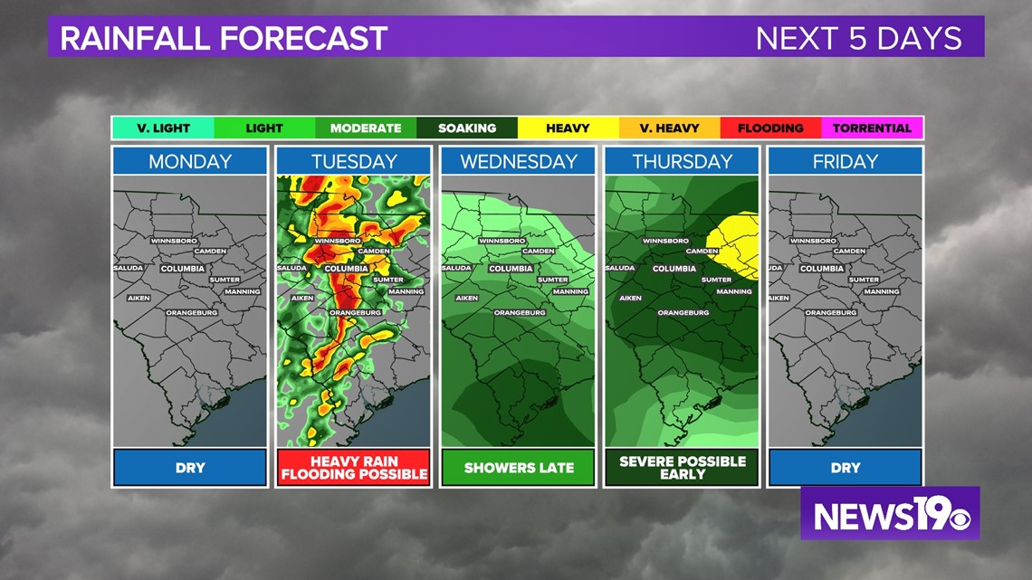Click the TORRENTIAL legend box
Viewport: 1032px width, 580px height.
tap(872, 128)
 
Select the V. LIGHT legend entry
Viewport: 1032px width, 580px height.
tap(163, 128)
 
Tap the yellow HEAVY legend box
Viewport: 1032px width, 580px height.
tap(568, 128)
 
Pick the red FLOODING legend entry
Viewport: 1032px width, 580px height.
tap(770, 128)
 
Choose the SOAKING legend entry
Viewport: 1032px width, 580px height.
tap(467, 128)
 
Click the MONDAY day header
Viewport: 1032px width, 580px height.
tap(190, 162)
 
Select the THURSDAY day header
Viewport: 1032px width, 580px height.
tap(682, 162)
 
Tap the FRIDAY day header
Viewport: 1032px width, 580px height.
tap(846, 162)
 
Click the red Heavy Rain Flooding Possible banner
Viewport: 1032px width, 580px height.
tap(354, 468)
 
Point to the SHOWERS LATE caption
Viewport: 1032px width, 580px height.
tap(519, 468)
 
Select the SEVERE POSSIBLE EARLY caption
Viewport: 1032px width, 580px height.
tap(683, 468)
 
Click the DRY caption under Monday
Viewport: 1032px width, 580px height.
tap(190, 468)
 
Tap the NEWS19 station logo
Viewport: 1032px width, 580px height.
tap(890, 514)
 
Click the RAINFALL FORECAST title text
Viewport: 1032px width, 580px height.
tap(224, 39)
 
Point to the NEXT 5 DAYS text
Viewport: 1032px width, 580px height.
tap(858, 39)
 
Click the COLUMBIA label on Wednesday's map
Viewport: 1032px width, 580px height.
tap(511, 269)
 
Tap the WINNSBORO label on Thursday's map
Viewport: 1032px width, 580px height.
tap(665, 241)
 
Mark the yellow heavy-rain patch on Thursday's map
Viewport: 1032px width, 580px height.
tap(735, 242)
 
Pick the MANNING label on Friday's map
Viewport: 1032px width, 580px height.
tap(881, 291)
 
